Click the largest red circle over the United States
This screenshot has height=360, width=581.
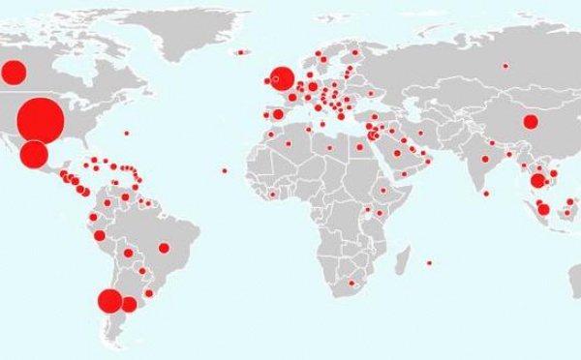[x=41, y=120]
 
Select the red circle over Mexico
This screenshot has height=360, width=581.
[x=34, y=154]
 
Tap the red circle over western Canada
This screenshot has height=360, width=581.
[x=14, y=72]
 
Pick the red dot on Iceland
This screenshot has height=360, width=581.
[x=236, y=51]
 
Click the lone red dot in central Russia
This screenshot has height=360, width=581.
[x=505, y=66]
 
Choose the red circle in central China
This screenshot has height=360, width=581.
[x=530, y=122]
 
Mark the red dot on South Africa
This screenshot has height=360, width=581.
[x=352, y=284]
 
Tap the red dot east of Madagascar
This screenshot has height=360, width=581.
[x=429, y=262]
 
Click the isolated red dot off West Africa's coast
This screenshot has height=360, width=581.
[x=224, y=171]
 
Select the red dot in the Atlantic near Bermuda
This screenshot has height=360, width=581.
[x=126, y=133]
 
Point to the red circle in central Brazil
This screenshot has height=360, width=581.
[x=164, y=247]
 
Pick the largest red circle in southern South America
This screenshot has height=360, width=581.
[x=109, y=302]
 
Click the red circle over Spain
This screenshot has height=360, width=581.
[x=278, y=114]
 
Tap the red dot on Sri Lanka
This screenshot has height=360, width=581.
[x=486, y=193]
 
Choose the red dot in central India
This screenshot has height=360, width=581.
[x=485, y=159]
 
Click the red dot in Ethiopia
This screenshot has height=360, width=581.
[x=383, y=190]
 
